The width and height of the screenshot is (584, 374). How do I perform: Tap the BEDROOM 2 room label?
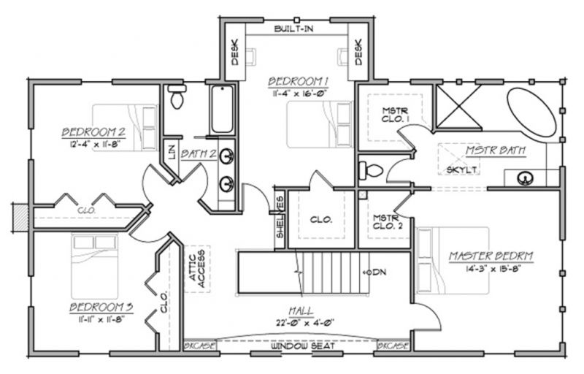click(90, 132)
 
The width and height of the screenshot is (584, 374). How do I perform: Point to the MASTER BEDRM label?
click(491, 256)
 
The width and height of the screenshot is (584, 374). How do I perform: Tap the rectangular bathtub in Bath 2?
click(222, 110)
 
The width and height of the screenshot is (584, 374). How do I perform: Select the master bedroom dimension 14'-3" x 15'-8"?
click(491, 269)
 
